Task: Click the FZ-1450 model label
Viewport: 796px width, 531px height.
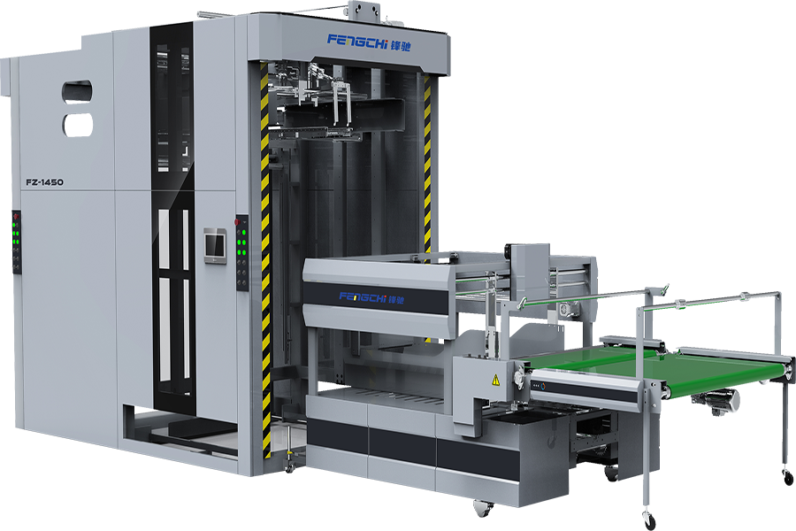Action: [x=45, y=182]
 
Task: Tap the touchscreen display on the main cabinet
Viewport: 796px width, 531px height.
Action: [x=215, y=246]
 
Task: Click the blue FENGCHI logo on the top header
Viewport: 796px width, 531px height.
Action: [x=358, y=40]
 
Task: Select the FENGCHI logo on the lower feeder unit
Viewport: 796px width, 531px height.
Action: [x=363, y=297]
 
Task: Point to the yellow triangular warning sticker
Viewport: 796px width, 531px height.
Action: [x=495, y=379]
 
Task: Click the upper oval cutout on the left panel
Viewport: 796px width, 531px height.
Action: [x=77, y=91]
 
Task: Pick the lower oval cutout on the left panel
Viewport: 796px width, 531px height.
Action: [x=78, y=125]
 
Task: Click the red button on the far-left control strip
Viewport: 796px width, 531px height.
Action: [x=16, y=217]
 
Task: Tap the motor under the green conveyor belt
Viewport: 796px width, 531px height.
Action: [x=716, y=403]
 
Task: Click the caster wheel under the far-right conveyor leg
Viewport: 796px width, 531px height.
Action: [x=787, y=477]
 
